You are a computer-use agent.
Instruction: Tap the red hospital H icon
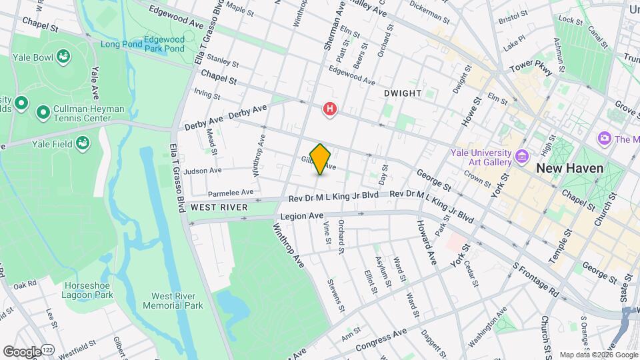point(329,109)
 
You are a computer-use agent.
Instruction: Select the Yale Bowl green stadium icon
point(64,57)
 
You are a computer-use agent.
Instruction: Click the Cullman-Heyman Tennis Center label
point(82,114)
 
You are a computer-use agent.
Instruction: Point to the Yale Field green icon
point(83,143)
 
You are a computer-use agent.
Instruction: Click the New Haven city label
point(570,168)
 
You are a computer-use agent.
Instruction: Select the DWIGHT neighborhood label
point(403,94)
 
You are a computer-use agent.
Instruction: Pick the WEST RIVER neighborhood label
point(219,208)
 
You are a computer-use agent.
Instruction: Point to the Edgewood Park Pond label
point(163,45)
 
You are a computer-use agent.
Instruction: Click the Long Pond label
point(121,45)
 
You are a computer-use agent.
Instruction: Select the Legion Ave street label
point(301,216)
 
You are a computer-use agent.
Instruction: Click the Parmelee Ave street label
point(230,192)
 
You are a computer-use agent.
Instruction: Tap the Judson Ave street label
point(203,171)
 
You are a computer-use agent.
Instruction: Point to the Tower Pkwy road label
point(531,68)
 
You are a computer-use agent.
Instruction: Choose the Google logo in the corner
point(22,351)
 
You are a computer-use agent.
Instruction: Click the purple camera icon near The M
point(605,139)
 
